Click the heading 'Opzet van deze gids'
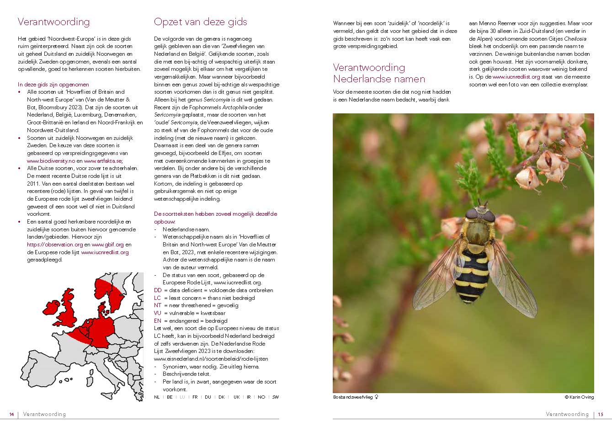click(200, 22)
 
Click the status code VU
click(158, 313)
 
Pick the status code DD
click(158, 290)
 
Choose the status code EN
click(158, 320)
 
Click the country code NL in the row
click(157, 397)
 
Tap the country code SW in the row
click(275, 397)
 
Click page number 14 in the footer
click(11, 414)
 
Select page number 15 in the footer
click(601, 414)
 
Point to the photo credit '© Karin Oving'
click(579, 397)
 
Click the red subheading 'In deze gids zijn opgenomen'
click(53, 85)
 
